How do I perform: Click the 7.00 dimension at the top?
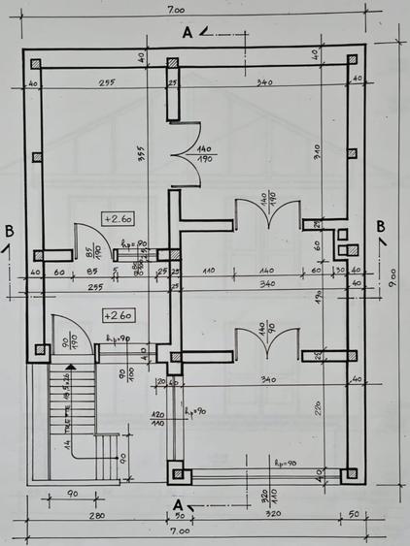tap(176, 10)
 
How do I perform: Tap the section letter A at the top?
tap(188, 32)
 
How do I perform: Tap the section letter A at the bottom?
tap(177, 504)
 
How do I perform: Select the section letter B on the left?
tap(10, 231)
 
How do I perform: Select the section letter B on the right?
tap(381, 226)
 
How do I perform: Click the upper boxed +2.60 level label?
tap(119, 218)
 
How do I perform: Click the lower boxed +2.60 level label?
tap(119, 315)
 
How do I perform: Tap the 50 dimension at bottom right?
tap(353, 512)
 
